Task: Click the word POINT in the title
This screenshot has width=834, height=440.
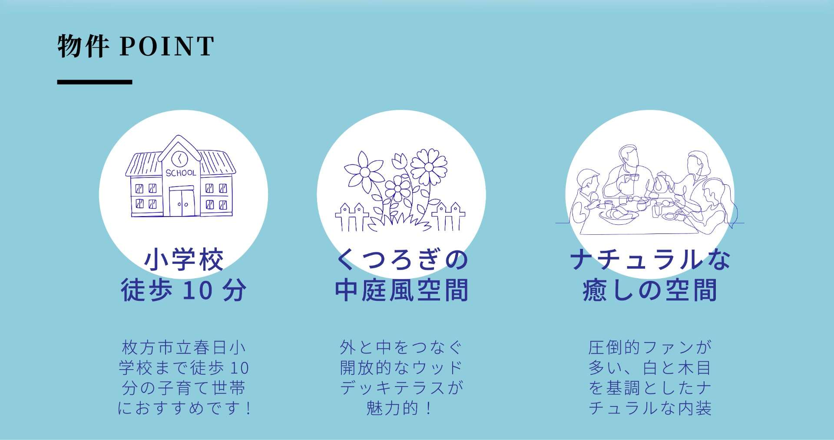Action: (x=167, y=46)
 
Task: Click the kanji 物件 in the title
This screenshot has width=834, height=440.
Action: (x=83, y=46)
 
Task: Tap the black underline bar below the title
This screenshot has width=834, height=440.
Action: (x=95, y=82)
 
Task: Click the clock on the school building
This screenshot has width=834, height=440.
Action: (x=179, y=158)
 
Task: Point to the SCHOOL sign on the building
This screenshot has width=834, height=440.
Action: (x=181, y=173)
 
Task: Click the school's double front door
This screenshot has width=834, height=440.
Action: (x=182, y=203)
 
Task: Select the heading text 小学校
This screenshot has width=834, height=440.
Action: (x=184, y=260)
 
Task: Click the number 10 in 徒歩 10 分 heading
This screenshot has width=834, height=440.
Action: (x=197, y=291)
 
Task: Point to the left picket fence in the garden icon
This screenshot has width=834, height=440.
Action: (x=352, y=216)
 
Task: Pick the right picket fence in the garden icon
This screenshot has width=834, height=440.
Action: (x=448, y=216)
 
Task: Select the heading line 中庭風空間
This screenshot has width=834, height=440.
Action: (x=401, y=290)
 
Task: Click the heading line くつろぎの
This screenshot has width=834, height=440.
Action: (x=402, y=260)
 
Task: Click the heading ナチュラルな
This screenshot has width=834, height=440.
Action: (x=650, y=260)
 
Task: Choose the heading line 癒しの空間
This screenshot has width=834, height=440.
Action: (x=650, y=290)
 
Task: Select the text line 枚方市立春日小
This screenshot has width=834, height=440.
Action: (x=184, y=348)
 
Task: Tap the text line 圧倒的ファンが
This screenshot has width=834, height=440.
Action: (x=650, y=348)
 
